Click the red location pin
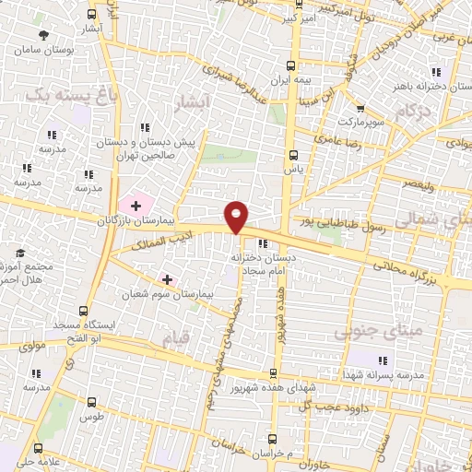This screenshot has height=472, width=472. tap(237, 216)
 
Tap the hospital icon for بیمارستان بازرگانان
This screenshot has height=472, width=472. tap(136, 205)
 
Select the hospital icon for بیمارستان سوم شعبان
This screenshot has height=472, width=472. tap(167, 278)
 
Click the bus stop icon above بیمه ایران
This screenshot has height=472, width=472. tap(290, 65)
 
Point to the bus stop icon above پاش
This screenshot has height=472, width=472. tap(293, 154)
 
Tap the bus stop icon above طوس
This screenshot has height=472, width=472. tap(91, 401)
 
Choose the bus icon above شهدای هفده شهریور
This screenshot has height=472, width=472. tap(272, 372)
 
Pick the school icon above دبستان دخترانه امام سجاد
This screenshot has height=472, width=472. tap(264, 243)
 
